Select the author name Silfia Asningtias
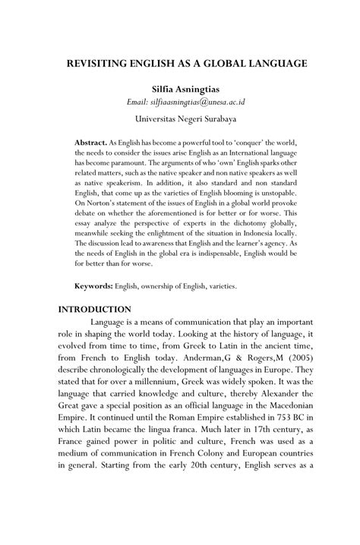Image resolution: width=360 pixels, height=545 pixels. point(180,90)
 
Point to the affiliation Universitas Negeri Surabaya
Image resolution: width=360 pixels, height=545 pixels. point(180,119)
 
